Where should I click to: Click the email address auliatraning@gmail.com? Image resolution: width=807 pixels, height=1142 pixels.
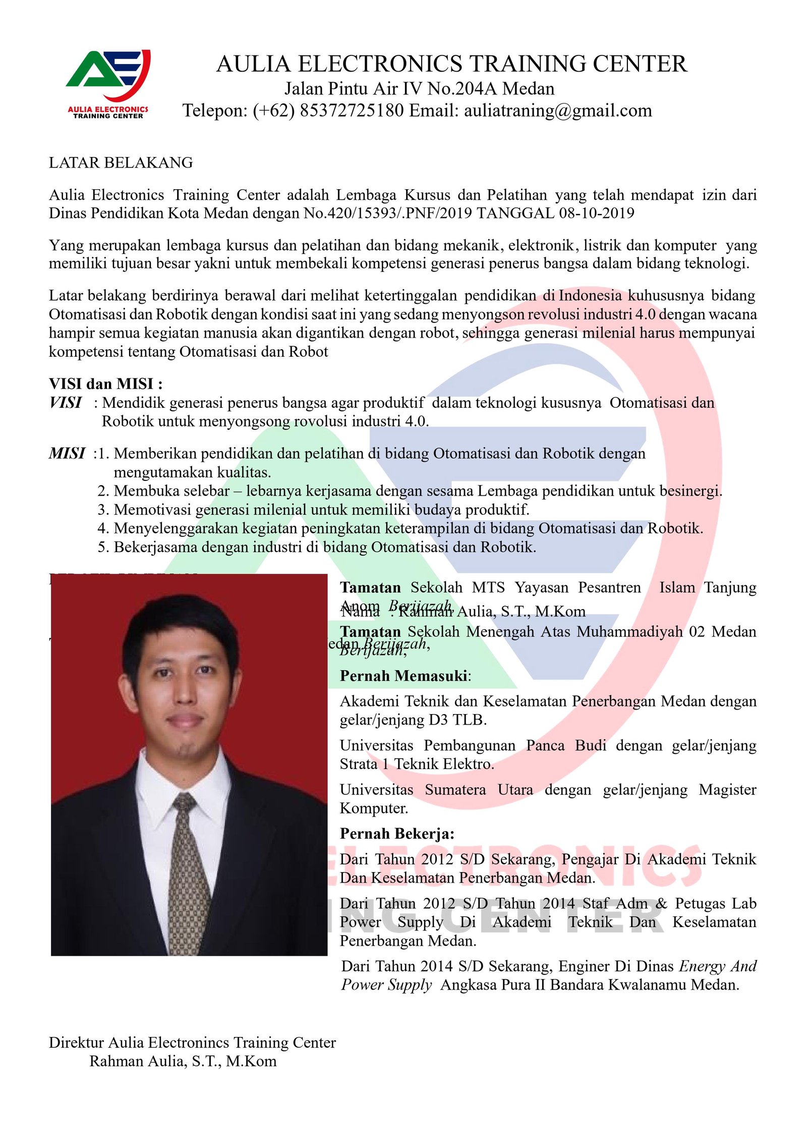[557, 111]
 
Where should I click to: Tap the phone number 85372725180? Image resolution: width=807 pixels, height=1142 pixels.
[352, 111]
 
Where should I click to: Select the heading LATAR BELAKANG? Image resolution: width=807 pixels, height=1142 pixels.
[121, 162]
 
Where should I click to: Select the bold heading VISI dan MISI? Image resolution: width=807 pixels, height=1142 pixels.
[105, 384]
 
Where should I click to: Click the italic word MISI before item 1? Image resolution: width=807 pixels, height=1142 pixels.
[67, 453]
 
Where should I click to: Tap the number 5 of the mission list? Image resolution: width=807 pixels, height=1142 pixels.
[103, 547]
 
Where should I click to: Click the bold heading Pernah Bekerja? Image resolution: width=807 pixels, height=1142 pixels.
[397, 834]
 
